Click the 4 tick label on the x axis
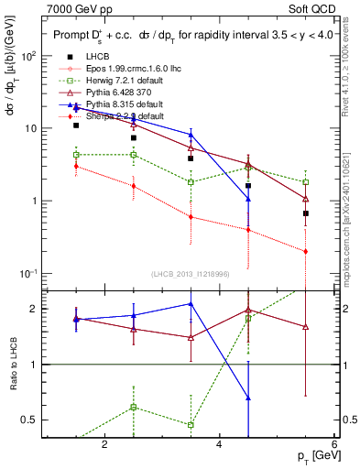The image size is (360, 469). click(x=219, y=444)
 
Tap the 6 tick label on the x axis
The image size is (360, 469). click(x=333, y=444)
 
